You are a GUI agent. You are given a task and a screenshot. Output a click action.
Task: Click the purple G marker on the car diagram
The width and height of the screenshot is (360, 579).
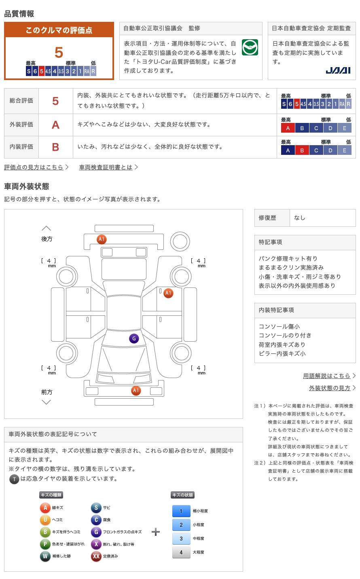click(134, 339)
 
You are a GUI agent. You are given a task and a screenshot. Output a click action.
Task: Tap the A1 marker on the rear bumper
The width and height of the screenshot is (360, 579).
click(102, 239)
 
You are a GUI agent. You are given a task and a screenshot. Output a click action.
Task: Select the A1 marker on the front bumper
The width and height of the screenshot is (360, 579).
click(136, 391)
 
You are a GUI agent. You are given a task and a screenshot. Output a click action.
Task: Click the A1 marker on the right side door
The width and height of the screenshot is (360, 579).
click(168, 293)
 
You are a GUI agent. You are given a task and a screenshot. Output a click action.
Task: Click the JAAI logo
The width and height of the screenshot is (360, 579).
click(338, 70)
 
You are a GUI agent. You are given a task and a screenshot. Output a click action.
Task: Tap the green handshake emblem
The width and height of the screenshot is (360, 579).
click(250, 48)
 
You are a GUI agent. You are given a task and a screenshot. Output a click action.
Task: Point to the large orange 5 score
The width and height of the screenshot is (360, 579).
click(59, 53)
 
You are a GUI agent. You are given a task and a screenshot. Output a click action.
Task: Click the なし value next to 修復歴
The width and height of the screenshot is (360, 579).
click(300, 218)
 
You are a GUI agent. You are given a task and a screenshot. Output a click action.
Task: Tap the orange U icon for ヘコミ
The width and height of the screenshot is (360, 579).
click(45, 520)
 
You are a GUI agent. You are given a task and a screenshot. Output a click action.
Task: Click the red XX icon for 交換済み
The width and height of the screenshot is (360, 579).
click(96, 556)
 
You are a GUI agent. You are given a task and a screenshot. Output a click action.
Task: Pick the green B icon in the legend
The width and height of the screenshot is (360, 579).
click(45, 532)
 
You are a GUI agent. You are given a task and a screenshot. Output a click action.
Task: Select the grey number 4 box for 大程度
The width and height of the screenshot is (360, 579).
click(181, 552)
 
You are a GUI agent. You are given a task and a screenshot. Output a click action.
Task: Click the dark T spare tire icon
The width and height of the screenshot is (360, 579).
click(14, 479)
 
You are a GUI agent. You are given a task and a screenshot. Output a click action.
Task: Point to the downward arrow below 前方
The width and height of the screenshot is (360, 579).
click(47, 402)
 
